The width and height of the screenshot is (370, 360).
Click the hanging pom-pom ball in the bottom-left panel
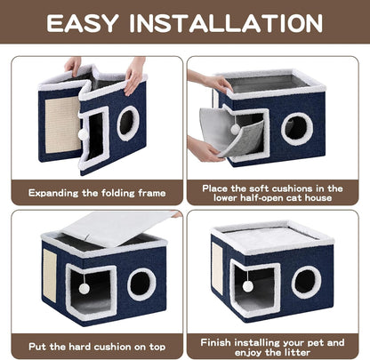pos(84,288)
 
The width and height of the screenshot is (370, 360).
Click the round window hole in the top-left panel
pos(128,123)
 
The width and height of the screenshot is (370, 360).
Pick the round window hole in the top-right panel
pos(297,129)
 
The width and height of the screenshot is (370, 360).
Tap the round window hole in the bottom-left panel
pos(141,284)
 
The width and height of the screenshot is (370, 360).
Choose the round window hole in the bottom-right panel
pos(306,282)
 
